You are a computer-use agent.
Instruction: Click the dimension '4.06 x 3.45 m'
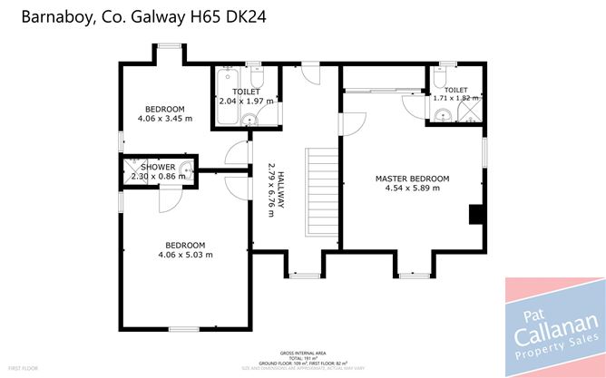coord(165,119)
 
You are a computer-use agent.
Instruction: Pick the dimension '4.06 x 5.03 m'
coord(185,255)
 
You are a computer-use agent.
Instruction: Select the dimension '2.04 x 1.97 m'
coord(246,102)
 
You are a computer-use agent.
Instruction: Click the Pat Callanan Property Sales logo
coord(554,327)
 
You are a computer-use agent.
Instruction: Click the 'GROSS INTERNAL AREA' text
coord(303,351)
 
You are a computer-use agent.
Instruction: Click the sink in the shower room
coord(186,170)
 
